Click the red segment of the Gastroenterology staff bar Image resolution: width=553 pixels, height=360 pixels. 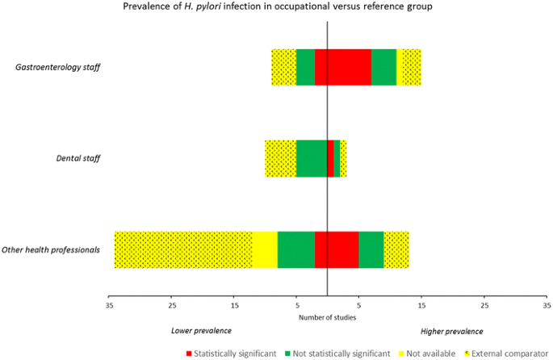coord(342,67)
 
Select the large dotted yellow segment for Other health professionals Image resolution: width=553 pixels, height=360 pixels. coord(182,249)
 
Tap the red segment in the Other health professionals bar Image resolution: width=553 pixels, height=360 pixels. coord(336,249)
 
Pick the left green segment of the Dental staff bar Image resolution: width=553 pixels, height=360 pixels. coord(311,158)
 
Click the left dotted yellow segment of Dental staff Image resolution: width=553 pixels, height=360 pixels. coord(280,158)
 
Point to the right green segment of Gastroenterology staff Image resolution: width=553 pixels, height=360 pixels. coord(383,67)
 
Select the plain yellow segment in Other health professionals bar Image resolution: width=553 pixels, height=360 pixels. coord(264,249)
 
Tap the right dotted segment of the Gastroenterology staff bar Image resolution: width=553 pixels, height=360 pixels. coord(411,67)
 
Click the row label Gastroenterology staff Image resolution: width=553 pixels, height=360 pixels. coord(58,67)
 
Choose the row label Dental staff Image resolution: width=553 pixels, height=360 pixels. coord(76,159)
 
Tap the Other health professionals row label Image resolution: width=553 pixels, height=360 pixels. coord(51,250)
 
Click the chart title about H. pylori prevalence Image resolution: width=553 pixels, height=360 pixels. coord(276,7)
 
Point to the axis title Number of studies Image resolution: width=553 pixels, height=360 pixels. coord(327,317)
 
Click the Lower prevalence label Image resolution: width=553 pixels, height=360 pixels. coord(201,331)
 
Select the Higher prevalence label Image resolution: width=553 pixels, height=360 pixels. coord(452,331)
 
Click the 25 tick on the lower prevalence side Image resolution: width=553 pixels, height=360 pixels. coord(171,306)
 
